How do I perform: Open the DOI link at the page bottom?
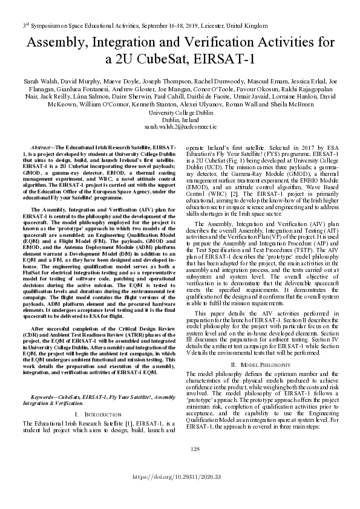180,478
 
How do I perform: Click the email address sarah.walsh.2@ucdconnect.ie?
180,128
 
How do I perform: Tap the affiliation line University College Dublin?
180,112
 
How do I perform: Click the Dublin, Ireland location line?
180,120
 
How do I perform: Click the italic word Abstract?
41,148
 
